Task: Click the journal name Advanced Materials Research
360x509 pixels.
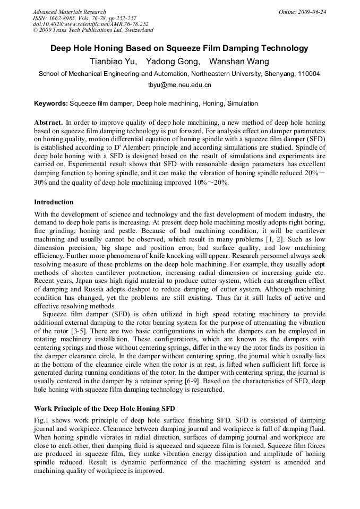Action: pos(69,12)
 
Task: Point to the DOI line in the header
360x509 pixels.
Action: pos(90,24)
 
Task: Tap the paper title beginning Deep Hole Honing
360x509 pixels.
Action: pos(179,48)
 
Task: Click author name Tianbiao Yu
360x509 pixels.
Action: pos(113,62)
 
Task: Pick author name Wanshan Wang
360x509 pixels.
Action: pos(239,62)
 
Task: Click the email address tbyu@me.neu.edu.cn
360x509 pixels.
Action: pos(179,85)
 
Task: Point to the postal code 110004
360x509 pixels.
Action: pos(308,74)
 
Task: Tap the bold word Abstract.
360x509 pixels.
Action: pos(49,122)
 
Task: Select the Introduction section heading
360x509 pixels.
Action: pos(54,202)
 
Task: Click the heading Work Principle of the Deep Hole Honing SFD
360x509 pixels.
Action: pos(105,409)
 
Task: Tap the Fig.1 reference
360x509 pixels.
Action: pos(42,420)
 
